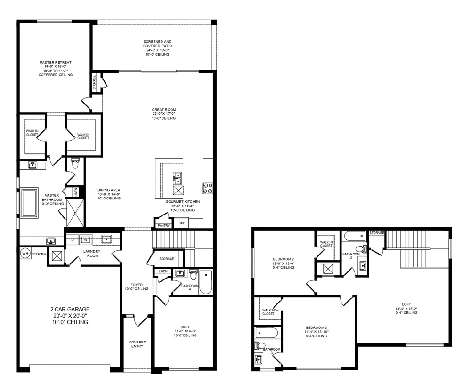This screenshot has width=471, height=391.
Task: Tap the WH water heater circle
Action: tap(25, 253)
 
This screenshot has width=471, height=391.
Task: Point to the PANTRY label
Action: tap(163, 226)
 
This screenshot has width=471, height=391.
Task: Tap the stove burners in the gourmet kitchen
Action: tap(207, 188)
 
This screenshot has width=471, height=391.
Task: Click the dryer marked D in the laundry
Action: tap(73, 239)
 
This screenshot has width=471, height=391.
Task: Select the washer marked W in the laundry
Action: tap(86, 239)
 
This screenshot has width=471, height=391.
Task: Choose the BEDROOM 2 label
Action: tap(283, 259)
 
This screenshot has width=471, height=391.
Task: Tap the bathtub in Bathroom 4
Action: tap(205, 282)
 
